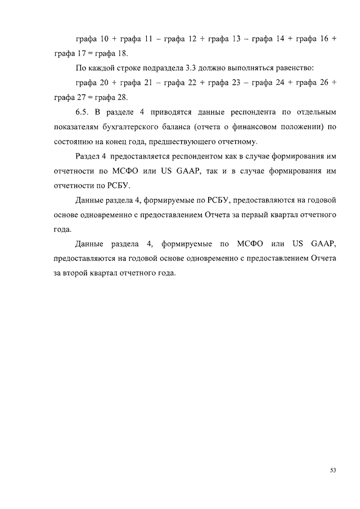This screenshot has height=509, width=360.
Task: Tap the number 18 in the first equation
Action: (x=122, y=53)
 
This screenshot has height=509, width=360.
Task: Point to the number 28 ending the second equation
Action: (x=123, y=97)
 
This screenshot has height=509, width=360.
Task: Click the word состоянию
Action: (x=73, y=141)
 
